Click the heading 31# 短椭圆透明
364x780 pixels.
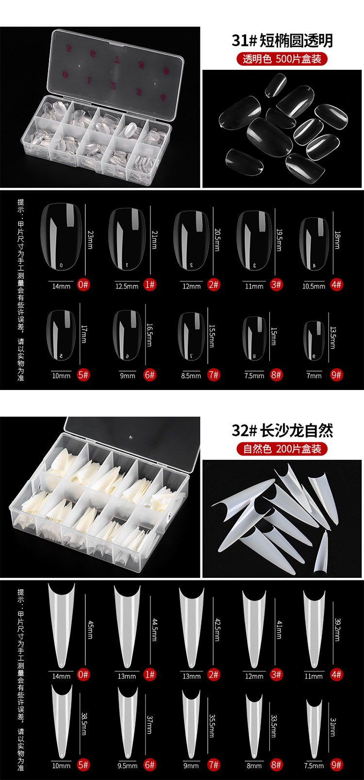click(282, 41)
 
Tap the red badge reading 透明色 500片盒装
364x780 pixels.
click(282, 59)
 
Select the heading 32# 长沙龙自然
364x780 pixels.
click(282, 430)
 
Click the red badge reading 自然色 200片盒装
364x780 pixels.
click(282, 449)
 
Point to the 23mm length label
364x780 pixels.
click(90, 239)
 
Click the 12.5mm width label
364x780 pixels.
click(127, 286)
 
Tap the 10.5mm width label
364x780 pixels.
click(314, 286)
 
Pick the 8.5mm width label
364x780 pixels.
click(191, 375)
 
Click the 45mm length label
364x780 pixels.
click(90, 629)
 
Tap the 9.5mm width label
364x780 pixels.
click(127, 765)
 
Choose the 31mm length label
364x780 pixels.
click(333, 727)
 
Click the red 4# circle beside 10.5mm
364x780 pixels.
click(336, 284)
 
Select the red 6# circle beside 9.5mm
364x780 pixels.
click(150, 764)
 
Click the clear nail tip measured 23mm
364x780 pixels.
click(62, 236)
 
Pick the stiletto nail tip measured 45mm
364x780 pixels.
click(62, 625)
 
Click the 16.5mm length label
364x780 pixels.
click(150, 334)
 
